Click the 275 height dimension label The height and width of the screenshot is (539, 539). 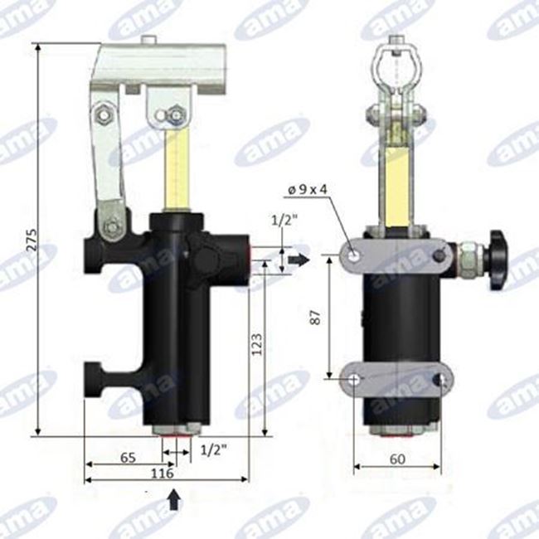point(32,240)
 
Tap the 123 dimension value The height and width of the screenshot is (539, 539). point(257,344)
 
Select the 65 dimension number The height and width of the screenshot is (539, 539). point(128,458)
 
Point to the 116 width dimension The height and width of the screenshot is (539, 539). point(163,473)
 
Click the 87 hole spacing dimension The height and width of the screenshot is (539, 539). point(315,317)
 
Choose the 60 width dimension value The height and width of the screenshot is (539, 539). point(398,459)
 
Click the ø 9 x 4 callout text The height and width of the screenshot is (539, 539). point(308,189)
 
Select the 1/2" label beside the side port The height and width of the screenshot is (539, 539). point(284,220)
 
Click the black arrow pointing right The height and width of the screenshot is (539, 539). point(299,260)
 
